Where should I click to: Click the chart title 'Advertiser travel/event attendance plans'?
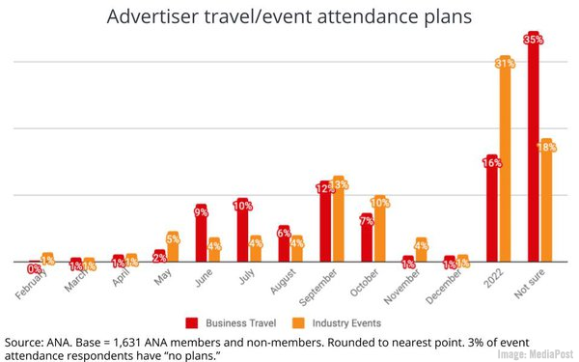coord(289,17)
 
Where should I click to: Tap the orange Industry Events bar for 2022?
coord(505,159)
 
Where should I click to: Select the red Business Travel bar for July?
coord(242,231)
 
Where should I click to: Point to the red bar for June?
coord(201,234)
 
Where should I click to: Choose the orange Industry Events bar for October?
coord(380,229)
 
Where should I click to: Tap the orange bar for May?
coord(173,247)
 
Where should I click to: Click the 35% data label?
coord(534,39)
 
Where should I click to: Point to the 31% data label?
coord(505,63)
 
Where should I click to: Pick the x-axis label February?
coord(32,282)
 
